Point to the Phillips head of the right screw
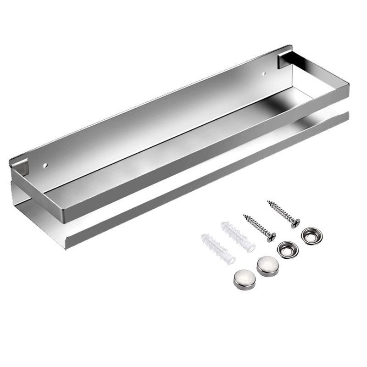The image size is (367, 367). (295, 223)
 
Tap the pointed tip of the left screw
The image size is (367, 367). (244, 215)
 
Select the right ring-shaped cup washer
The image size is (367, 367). (311, 235)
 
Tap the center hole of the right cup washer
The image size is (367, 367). (311, 235)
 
